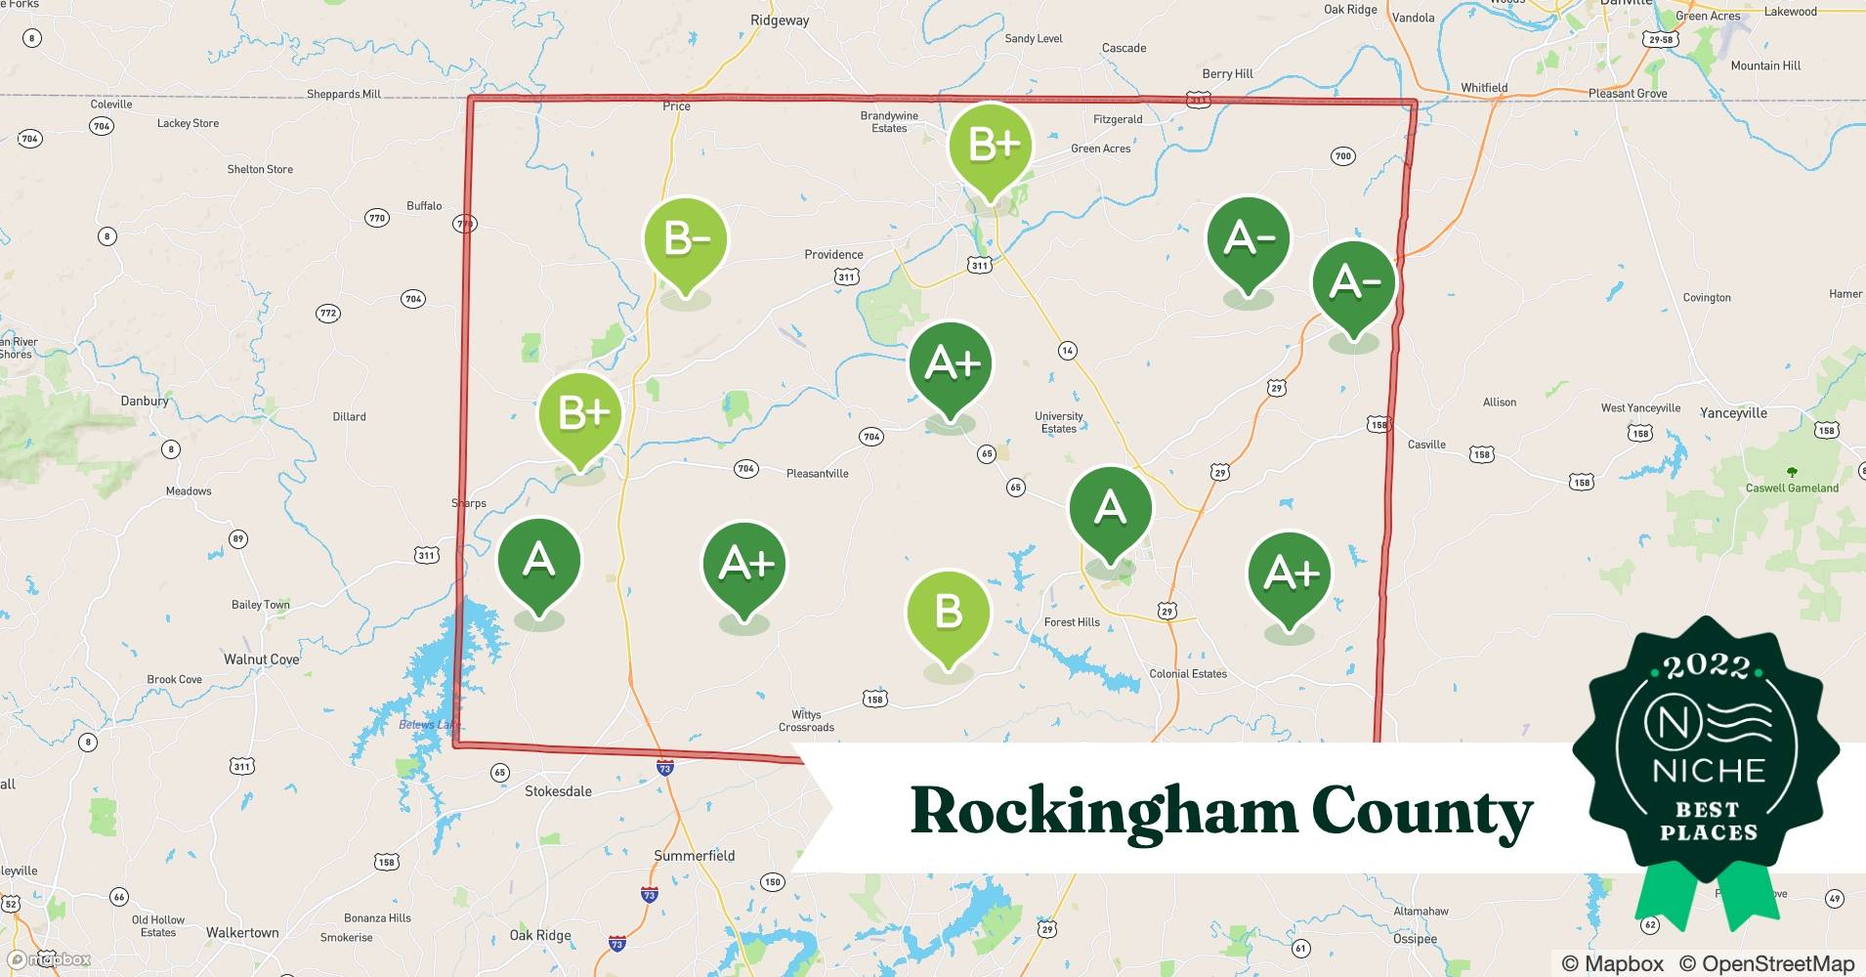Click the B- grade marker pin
[685, 240]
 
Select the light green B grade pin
[948, 613]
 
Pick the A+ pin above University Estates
[951, 364]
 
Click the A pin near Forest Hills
[1110, 509]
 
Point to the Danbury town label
[145, 401]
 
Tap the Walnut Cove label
[261, 659]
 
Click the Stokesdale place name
[558, 791]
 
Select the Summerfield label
[694, 856]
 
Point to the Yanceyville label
[1733, 413]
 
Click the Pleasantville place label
[817, 474]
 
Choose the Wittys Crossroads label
[806, 721]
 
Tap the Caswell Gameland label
[1792, 488]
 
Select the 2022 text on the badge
[1708, 667]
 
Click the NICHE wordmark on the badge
[1709, 771]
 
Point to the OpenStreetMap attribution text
[1766, 963]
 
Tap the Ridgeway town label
[780, 21]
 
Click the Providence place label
[833, 255]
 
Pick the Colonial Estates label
[1188, 674]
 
